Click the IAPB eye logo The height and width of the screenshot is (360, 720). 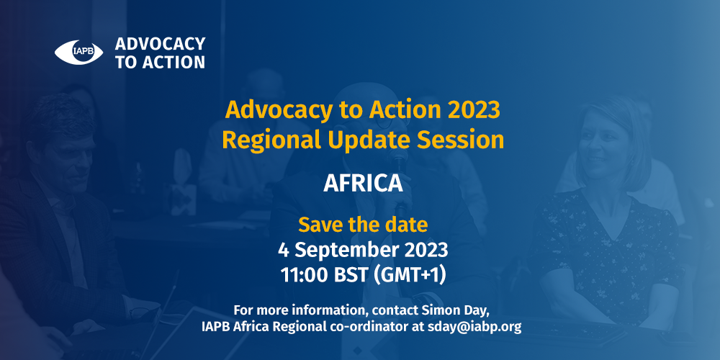78,53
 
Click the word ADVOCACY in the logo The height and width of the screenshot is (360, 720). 160,44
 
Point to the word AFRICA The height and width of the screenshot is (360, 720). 363,183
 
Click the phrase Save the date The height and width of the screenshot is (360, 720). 363,225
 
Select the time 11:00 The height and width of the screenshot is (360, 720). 304,275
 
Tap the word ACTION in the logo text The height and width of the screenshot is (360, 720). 174,62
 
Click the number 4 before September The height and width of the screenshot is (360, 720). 283,251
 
